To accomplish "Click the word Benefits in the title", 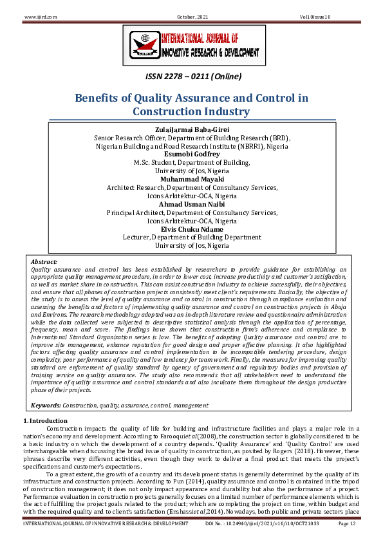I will point(102,98).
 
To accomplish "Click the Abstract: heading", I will point(44,261).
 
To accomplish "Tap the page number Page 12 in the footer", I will point(348,524).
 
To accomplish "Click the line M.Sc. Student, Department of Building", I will point(192,163).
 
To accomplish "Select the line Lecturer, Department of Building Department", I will point(192,238).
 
